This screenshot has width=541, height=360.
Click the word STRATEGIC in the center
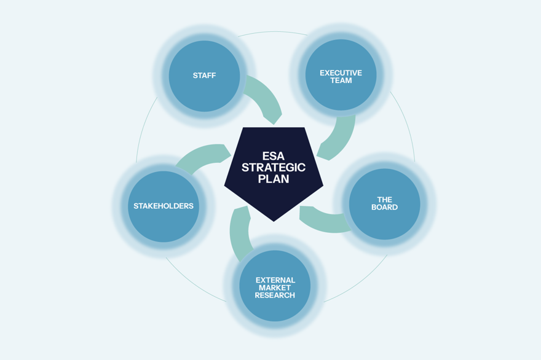[x=274, y=168]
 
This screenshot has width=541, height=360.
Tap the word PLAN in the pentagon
[x=274, y=179]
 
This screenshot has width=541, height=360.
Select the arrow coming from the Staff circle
[x=264, y=98]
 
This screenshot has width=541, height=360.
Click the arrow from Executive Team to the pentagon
[x=338, y=138]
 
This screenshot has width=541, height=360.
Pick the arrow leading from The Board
[x=323, y=219]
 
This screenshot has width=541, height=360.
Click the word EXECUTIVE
[x=341, y=73]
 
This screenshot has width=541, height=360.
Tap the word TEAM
[x=341, y=80]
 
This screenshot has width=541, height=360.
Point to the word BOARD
[x=384, y=208]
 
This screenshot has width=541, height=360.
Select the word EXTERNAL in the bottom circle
[x=275, y=280]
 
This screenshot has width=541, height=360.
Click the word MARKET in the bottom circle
[x=275, y=288]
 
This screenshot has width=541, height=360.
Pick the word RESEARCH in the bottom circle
[x=275, y=295]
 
